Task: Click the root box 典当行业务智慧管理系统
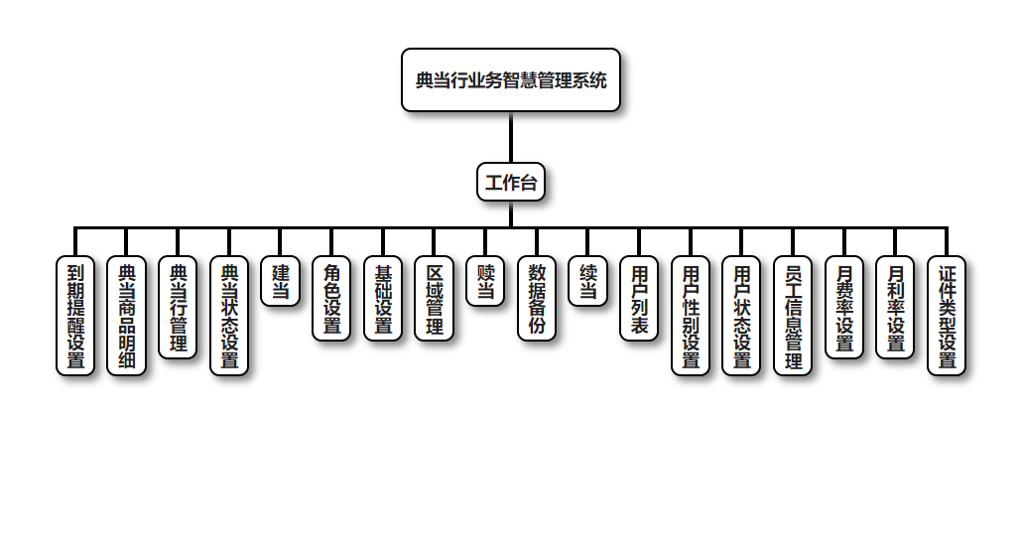click(x=511, y=80)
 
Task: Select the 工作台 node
click(x=511, y=182)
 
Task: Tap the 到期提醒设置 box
click(x=75, y=315)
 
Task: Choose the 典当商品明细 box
click(x=126, y=315)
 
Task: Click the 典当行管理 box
click(x=178, y=307)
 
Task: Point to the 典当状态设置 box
click(x=229, y=315)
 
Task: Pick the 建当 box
click(x=281, y=281)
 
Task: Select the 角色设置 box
click(x=331, y=298)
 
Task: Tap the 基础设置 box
click(x=383, y=298)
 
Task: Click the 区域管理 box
click(x=434, y=298)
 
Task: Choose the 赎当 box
click(x=485, y=281)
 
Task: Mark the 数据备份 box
click(x=537, y=298)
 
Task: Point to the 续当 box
click(x=588, y=281)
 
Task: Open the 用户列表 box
click(x=639, y=298)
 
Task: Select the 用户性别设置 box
click(x=691, y=315)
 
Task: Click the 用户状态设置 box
click(x=741, y=315)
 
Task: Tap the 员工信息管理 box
click(x=793, y=315)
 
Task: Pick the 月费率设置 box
click(x=844, y=307)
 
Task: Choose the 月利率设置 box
click(x=895, y=307)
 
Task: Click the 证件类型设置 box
click(x=947, y=315)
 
